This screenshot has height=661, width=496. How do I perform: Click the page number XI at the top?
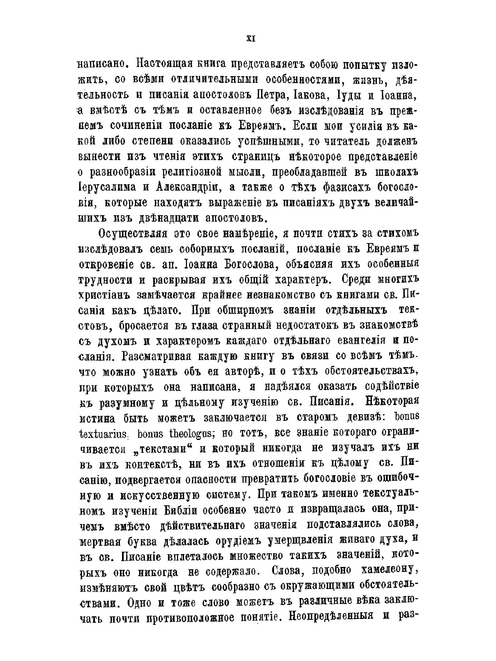(251, 39)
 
